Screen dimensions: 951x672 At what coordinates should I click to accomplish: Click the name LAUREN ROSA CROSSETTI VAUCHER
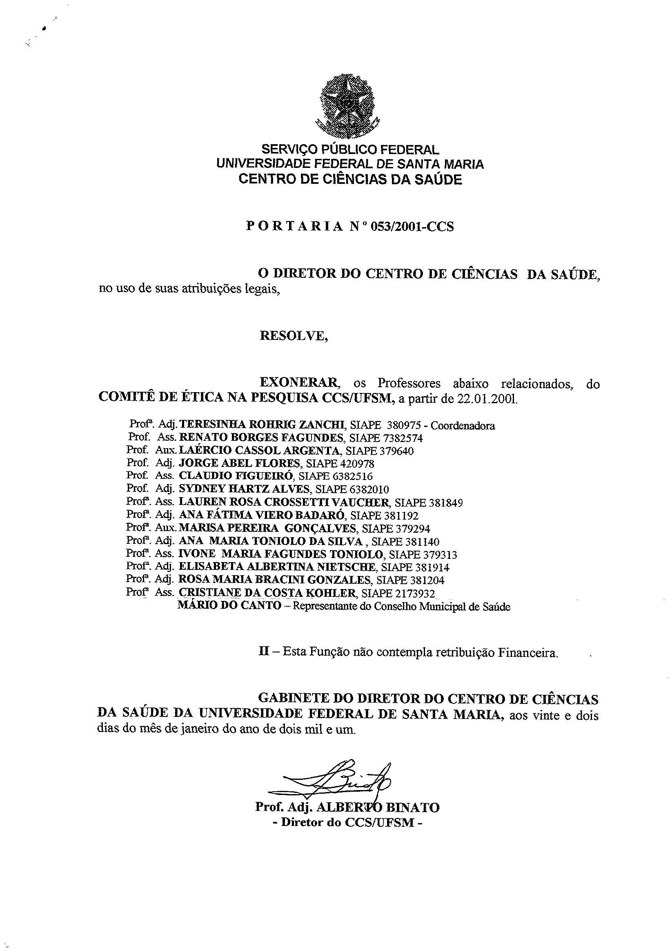click(284, 502)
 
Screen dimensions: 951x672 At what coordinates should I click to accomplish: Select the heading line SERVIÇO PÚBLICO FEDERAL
click(349, 149)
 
